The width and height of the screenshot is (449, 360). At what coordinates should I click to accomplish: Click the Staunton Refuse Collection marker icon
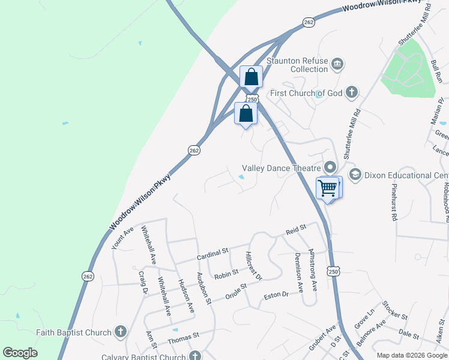click(337, 64)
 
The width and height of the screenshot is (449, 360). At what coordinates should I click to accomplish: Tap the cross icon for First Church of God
click(352, 92)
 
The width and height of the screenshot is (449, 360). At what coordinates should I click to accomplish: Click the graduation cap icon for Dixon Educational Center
click(354, 175)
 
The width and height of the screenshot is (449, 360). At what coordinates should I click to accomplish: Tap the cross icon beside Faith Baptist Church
click(121, 332)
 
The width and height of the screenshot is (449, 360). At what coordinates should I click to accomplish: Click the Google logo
click(20, 353)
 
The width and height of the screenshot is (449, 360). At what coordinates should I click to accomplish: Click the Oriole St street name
click(235, 290)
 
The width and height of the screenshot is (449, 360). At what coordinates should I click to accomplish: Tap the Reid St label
click(296, 229)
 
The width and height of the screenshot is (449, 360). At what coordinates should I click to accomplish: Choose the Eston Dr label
click(277, 296)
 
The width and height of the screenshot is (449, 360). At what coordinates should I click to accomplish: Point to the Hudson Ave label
click(186, 296)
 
